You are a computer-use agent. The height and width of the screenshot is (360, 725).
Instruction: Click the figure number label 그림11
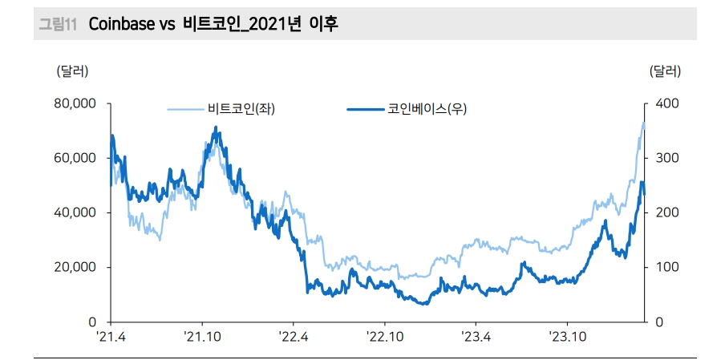point(58,24)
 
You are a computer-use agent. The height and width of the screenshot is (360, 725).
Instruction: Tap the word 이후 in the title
point(323,24)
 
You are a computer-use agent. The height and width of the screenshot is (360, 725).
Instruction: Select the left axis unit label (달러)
point(73,71)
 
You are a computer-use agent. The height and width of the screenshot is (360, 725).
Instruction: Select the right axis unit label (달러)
point(665,71)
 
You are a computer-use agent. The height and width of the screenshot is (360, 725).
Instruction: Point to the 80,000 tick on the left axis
point(75,103)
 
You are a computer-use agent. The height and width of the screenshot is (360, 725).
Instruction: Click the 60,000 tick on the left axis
point(75,158)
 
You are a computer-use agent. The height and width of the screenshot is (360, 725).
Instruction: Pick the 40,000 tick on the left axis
point(75,212)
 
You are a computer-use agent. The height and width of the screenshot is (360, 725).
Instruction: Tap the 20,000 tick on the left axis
point(75,267)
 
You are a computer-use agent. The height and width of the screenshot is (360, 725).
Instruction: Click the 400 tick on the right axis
point(667,103)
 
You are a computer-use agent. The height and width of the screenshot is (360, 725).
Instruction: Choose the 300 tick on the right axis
point(667,158)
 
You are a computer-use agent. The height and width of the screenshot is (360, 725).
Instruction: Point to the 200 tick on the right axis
point(667,212)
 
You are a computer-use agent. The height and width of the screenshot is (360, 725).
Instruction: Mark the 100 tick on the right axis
point(667,267)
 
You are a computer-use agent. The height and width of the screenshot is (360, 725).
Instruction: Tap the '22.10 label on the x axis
point(385,337)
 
